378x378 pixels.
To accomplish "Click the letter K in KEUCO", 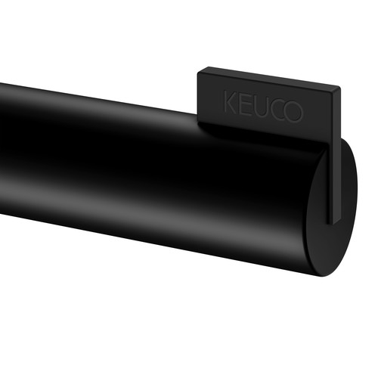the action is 230,102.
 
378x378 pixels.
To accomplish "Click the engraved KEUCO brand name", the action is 263,107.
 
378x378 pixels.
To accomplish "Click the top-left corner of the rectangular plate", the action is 198,72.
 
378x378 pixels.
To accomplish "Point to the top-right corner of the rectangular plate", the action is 340,87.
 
